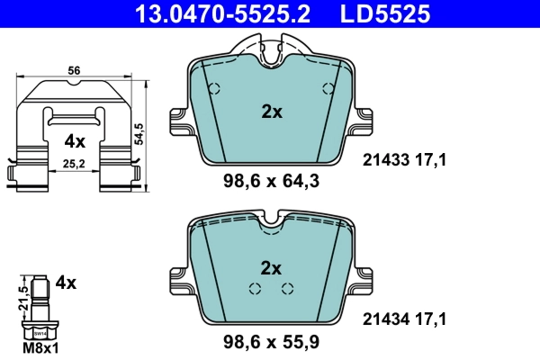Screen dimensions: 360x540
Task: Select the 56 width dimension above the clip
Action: point(75,69)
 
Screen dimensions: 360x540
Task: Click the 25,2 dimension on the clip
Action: point(75,164)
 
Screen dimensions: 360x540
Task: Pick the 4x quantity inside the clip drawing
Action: point(74,141)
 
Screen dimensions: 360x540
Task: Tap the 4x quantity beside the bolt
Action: point(66,282)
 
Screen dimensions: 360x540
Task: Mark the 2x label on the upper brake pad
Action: point(271,112)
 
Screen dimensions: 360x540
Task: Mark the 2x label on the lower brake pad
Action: point(271,267)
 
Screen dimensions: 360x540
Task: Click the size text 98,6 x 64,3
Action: point(271,181)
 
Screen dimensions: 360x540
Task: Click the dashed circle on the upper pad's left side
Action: point(214,89)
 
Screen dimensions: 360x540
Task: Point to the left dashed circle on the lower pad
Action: point(255,288)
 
